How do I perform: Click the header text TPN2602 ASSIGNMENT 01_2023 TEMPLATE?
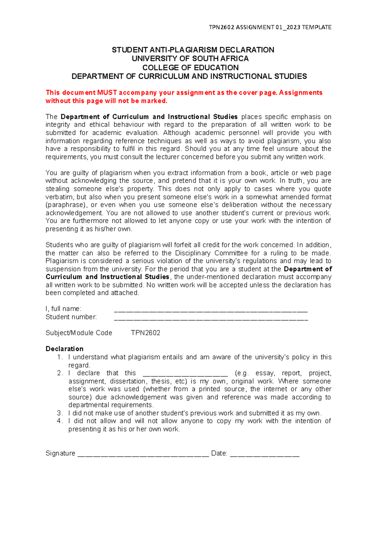point(270,27)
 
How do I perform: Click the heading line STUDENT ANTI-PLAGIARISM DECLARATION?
point(193,50)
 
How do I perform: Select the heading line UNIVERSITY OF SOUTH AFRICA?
point(190,59)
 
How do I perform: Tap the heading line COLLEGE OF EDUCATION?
point(190,67)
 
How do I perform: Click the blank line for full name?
point(210,311)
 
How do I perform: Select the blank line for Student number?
point(210,319)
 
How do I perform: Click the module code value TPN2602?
point(145,333)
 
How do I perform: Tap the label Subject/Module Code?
point(79,333)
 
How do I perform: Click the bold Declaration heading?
point(64,349)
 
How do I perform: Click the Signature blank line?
point(143,455)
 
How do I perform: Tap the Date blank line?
point(265,455)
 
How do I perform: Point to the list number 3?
point(60,413)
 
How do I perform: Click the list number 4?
point(60,421)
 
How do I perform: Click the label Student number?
point(71,317)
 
